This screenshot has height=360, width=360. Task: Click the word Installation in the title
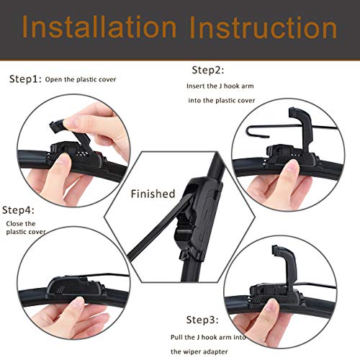[x=100, y=29]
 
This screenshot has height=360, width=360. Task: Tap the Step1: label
[x=25, y=79]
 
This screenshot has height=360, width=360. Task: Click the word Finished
[x=153, y=194]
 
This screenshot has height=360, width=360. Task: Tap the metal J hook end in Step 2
[x=248, y=133]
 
